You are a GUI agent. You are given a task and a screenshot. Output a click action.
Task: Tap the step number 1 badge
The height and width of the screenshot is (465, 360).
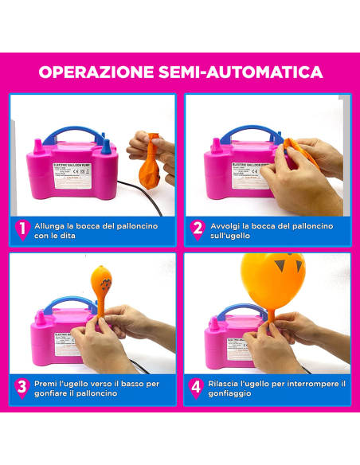point(22,230)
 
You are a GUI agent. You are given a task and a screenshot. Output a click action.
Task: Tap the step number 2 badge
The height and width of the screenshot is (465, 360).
point(198,230)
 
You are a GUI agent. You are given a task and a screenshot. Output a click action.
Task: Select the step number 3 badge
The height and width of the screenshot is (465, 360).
point(22,389)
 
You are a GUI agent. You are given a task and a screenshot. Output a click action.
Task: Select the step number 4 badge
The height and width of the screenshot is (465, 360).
point(198,389)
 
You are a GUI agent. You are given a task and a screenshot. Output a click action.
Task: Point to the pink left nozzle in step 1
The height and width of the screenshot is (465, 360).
point(37,145)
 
